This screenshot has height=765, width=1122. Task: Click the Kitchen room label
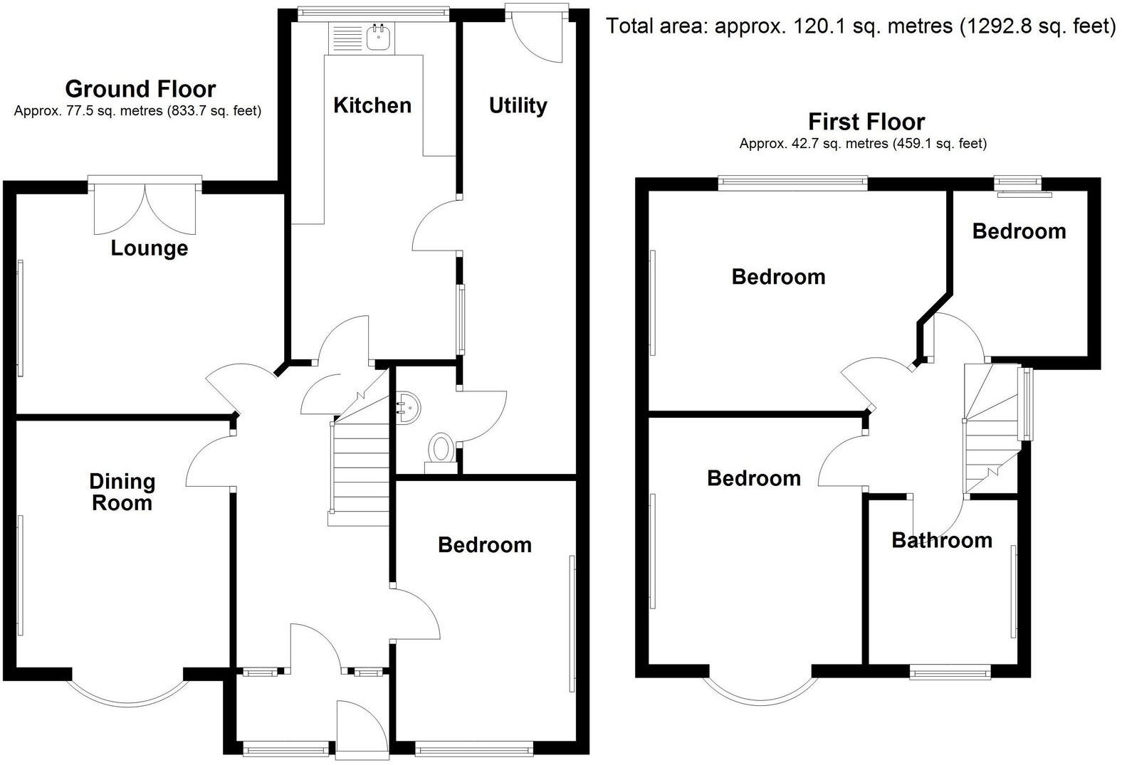(372, 105)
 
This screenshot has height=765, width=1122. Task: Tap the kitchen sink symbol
(379, 37)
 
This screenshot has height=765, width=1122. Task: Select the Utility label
(518, 105)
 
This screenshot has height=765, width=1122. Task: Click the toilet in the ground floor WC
(441, 450)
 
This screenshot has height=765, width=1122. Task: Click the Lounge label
(150, 248)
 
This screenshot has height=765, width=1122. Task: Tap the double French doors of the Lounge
(145, 208)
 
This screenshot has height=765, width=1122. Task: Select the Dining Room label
(122, 492)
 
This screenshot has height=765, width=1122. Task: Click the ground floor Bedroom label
(485, 545)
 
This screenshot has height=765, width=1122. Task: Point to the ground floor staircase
(359, 470)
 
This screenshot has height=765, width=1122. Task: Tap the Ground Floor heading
(140, 89)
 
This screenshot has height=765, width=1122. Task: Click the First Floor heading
(866, 122)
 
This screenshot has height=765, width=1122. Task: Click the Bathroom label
(941, 540)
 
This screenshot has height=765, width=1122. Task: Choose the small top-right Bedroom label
(1019, 231)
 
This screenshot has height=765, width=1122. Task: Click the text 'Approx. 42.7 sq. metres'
(814, 144)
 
